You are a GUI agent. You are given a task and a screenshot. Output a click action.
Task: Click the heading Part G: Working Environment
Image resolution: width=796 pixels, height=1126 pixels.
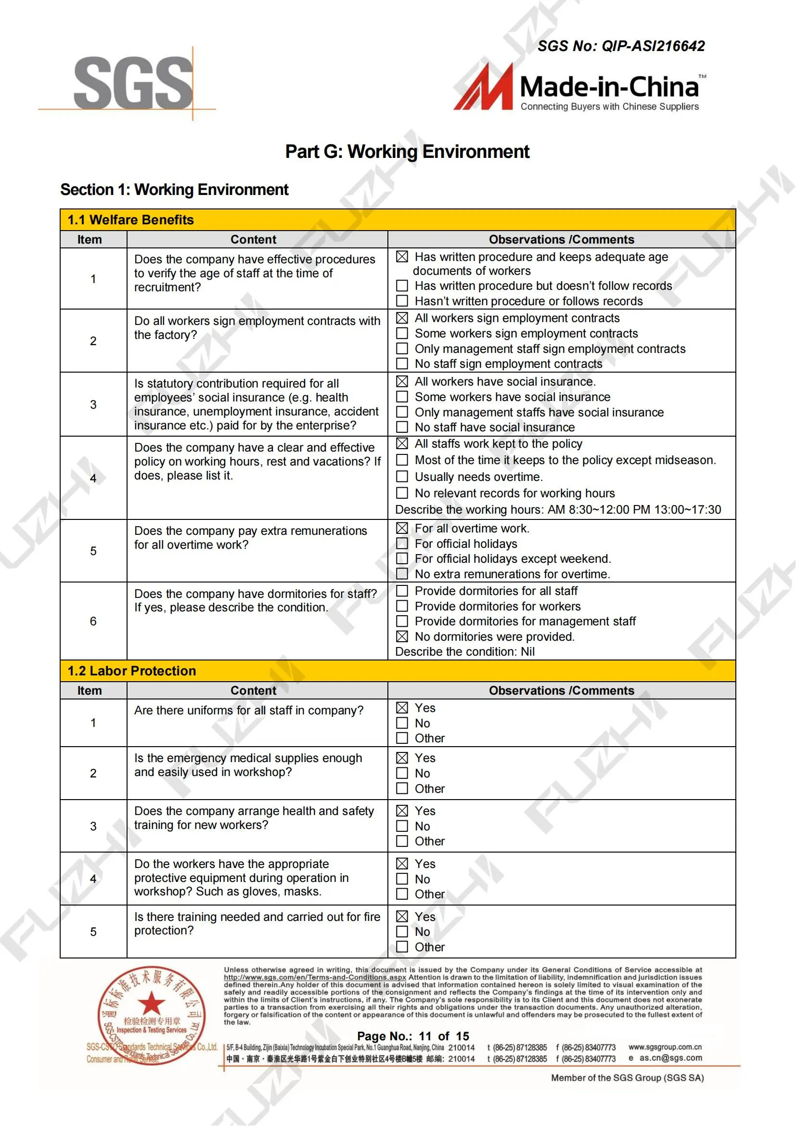(407, 152)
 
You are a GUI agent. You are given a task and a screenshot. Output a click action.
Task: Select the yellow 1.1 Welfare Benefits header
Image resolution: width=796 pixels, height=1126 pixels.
(398, 220)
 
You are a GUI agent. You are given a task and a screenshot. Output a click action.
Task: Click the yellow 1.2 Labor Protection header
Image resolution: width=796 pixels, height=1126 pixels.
(398, 671)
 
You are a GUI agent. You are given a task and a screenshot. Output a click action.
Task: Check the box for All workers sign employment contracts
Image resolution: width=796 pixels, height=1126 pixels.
(402, 318)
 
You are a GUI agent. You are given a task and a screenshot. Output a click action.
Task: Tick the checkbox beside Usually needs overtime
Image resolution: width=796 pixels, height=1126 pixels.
(402, 476)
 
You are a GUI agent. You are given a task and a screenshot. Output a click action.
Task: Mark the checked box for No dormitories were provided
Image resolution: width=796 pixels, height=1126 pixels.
(402, 636)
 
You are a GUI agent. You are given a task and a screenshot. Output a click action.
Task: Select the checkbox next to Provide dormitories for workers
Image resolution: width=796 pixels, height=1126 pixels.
(402, 606)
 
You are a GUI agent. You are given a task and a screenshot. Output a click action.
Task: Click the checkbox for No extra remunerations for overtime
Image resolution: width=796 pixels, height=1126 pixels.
(402, 573)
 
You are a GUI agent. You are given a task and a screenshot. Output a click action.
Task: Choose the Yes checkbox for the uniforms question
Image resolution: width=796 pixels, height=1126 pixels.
(402, 707)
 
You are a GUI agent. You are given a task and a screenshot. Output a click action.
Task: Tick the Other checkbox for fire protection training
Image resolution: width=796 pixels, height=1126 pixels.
(402, 946)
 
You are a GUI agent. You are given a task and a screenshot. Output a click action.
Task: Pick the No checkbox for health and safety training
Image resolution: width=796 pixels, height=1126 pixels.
(402, 826)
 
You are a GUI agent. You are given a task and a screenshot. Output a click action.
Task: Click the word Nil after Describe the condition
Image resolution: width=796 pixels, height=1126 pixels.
(527, 651)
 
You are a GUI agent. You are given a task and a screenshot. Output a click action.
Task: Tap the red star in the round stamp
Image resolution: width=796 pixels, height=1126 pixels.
(152, 1002)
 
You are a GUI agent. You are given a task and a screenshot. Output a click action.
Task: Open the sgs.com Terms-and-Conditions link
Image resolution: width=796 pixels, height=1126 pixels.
(315, 977)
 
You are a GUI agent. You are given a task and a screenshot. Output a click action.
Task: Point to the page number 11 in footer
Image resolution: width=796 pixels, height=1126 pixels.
(424, 1036)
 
